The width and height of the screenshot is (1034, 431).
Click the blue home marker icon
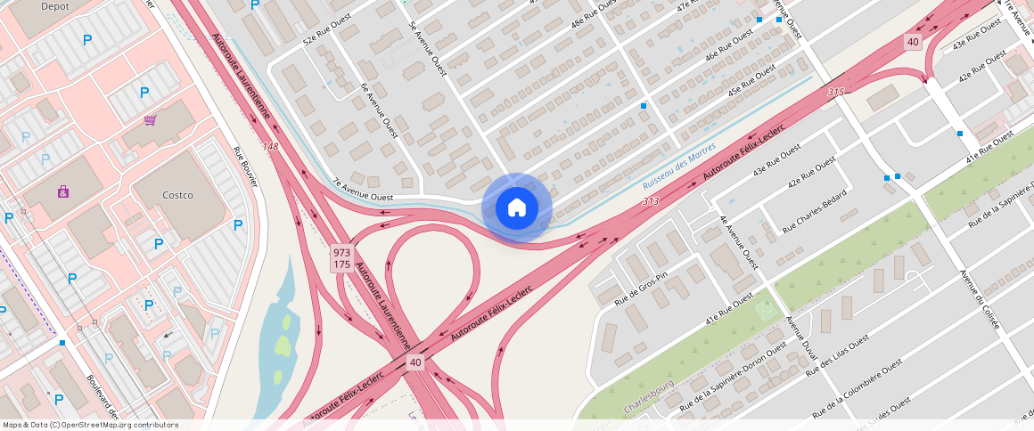517,207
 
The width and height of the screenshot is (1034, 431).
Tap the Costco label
177,195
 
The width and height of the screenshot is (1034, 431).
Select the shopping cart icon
151,120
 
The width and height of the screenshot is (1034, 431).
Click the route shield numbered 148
270,146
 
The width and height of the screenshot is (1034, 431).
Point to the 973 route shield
341,252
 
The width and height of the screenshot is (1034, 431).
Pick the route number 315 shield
835,92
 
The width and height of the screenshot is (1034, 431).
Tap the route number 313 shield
650,202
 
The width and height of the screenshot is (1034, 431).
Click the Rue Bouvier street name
245,166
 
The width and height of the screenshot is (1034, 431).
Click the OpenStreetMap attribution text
89,425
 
